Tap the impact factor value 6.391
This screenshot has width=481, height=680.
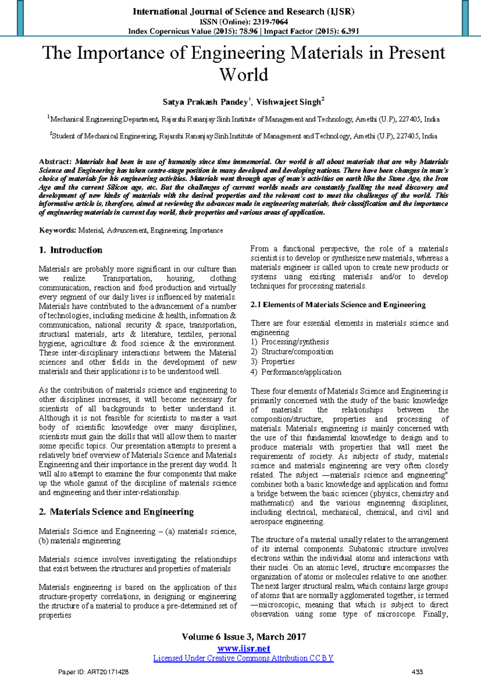point(350,31)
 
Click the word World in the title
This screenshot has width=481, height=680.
point(243,75)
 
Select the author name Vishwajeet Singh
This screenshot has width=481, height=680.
point(289,102)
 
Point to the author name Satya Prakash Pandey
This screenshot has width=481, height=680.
point(205,102)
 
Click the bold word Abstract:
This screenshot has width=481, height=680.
point(55,162)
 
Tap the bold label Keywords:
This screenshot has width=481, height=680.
point(57,230)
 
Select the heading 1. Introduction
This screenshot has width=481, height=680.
point(71,250)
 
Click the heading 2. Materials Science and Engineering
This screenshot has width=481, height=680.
point(116,512)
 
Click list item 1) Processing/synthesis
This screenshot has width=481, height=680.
point(290,342)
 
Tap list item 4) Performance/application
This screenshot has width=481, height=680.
point(296,372)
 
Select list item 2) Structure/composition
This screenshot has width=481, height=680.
point(292,352)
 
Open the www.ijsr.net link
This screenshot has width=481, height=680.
point(243,649)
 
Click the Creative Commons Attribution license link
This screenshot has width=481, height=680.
point(243,658)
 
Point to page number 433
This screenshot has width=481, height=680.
point(417,672)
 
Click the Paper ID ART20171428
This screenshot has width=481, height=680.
point(93,672)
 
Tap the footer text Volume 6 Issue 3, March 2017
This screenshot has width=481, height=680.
point(243,637)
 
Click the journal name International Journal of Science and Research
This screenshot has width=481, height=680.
point(243,12)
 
